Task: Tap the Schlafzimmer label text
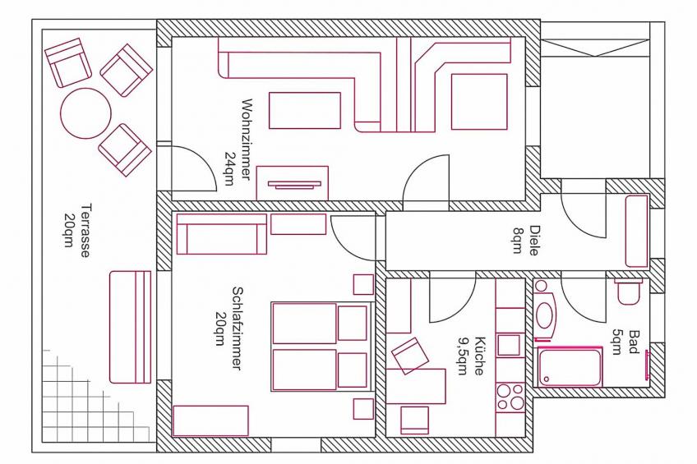pyautogui.click(x=237, y=328)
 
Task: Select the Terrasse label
pyautogui.click(x=85, y=230)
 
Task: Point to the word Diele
pyautogui.click(x=534, y=241)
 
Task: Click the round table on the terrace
pyautogui.click(x=85, y=113)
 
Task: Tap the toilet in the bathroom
pyautogui.click(x=629, y=292)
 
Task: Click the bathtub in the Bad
pyautogui.click(x=570, y=367)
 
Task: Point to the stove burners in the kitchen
pyautogui.click(x=510, y=397)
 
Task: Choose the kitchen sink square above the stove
pyautogui.click(x=509, y=345)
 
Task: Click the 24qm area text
pyautogui.click(x=230, y=168)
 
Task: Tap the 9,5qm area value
pyautogui.click(x=464, y=356)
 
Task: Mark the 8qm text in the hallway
pyautogui.click(x=518, y=241)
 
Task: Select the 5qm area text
pyautogui.click(x=616, y=342)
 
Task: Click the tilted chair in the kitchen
pyautogui.click(x=410, y=356)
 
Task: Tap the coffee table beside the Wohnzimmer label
pyautogui.click(x=305, y=111)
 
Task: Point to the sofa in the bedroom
pyautogui.click(x=221, y=234)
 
